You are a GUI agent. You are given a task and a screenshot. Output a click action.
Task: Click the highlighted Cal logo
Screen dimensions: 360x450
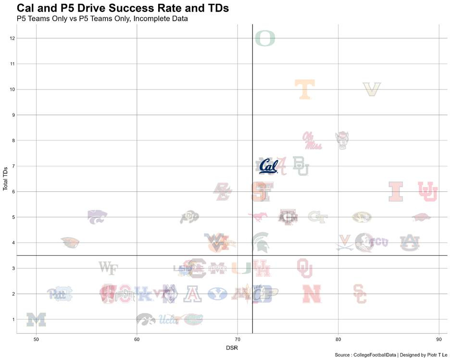(268, 166)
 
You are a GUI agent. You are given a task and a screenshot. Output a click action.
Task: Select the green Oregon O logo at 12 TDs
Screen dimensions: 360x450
(265, 38)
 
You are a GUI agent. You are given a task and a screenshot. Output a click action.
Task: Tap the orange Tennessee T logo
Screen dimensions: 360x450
(305, 89)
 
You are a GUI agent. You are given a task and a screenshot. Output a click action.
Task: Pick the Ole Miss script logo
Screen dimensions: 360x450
(312, 140)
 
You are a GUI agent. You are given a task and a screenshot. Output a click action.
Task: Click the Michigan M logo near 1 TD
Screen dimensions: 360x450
(36, 320)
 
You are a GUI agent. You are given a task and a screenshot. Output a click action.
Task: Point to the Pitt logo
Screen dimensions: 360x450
(60, 294)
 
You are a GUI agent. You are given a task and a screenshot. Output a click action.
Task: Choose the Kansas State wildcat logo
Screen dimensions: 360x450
(97, 217)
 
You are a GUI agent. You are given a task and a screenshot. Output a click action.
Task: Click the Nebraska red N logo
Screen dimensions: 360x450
(312, 294)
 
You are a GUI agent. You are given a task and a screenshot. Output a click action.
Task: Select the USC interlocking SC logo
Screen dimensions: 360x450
(360, 294)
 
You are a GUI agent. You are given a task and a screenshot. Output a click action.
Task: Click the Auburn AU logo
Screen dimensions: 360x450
(410, 242)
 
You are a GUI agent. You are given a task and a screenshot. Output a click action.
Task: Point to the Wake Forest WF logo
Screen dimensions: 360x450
(108, 268)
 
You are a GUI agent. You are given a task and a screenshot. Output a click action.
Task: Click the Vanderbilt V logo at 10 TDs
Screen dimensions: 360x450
(372, 89)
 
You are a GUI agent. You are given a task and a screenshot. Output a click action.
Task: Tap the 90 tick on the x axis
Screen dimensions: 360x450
(438, 340)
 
